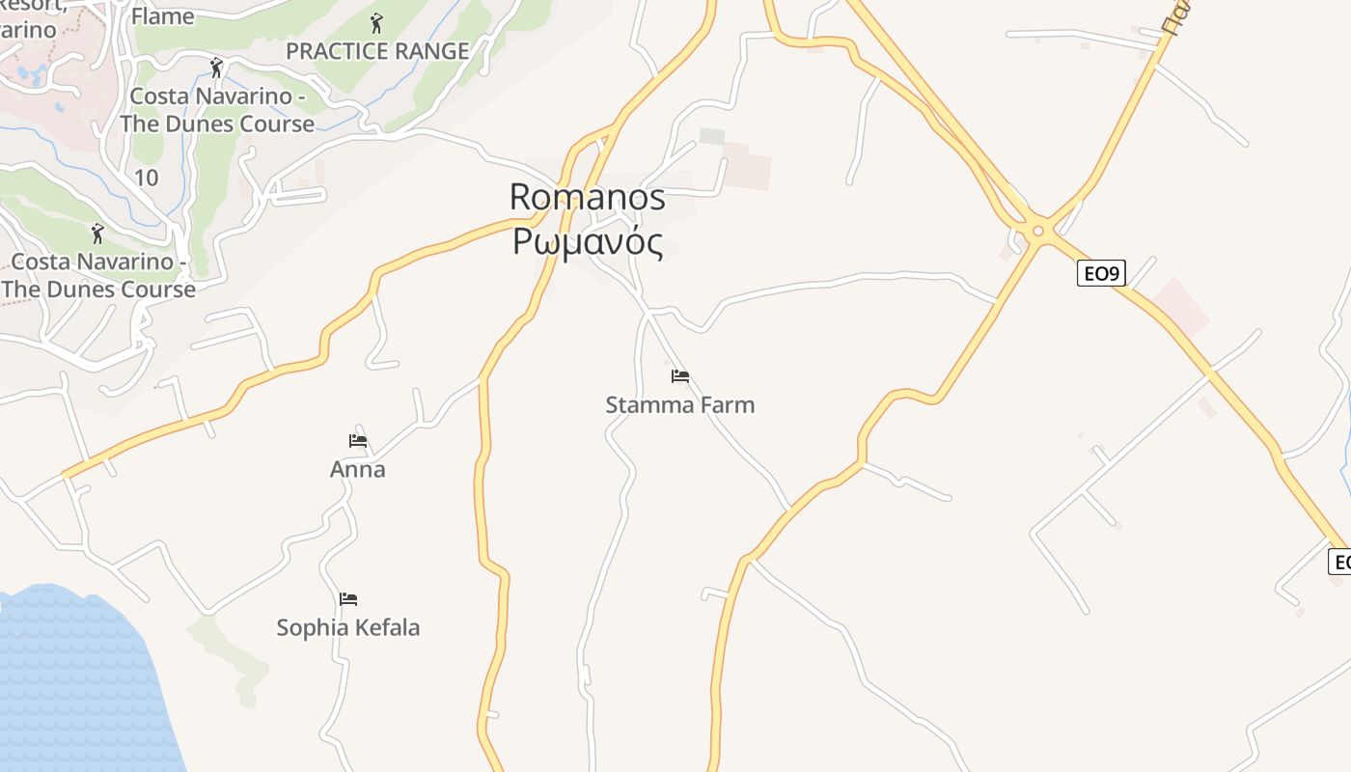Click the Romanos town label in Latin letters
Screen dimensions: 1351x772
(587, 197)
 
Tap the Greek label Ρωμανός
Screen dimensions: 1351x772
(587, 242)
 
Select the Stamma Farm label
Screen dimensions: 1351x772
(679, 405)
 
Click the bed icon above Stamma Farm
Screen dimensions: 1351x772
(680, 375)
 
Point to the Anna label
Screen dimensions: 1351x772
(357, 470)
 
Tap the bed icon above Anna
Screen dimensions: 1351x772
(358, 441)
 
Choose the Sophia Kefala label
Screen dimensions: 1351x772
(347, 628)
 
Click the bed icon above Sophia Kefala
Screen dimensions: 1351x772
(348, 599)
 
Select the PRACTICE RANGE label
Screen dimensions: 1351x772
(377, 51)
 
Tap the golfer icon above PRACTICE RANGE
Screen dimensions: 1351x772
(376, 22)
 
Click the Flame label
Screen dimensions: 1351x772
(162, 16)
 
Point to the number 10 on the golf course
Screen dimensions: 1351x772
(147, 178)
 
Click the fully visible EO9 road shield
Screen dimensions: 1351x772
(1101, 273)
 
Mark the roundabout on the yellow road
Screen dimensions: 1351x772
(1038, 231)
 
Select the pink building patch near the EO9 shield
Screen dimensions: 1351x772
(1183, 305)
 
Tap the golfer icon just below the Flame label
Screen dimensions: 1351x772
(216, 68)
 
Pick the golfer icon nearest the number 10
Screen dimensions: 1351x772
(96, 233)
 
